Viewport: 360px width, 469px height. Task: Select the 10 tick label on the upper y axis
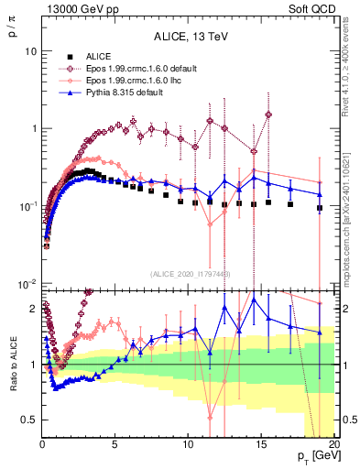point(30,51)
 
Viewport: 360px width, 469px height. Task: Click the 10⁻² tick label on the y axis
point(27,283)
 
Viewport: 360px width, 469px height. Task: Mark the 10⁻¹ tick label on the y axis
point(27,205)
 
